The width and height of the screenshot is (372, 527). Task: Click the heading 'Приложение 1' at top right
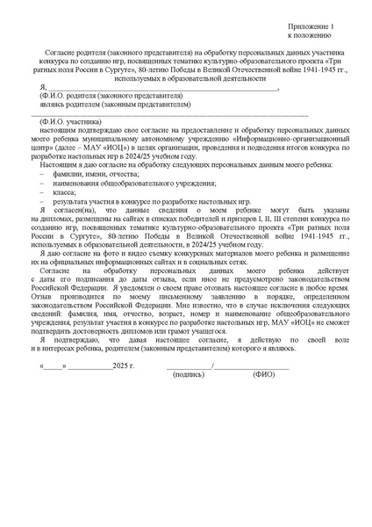309,28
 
